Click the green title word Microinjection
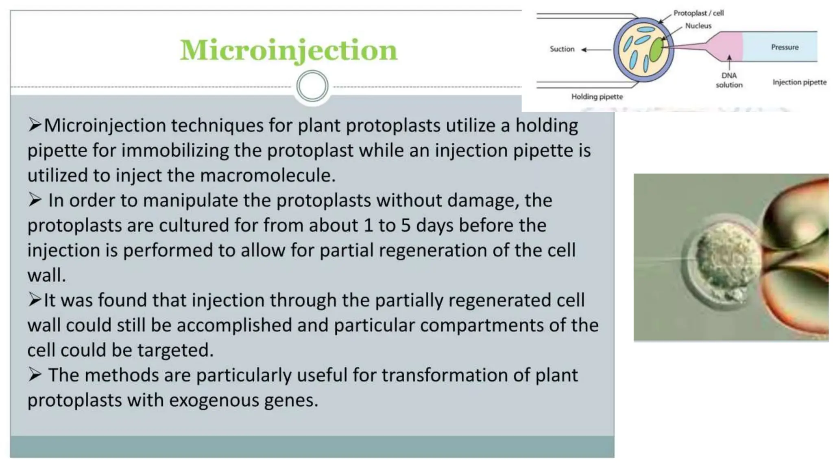click(x=288, y=50)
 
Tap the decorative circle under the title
click(x=312, y=86)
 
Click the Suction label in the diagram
click(x=562, y=49)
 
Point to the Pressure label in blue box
click(x=784, y=47)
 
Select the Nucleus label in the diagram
click(x=698, y=26)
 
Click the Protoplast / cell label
click(x=698, y=13)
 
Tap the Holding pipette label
click(x=597, y=97)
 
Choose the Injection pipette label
click(x=799, y=82)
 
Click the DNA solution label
click(x=729, y=80)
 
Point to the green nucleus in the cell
click(x=656, y=50)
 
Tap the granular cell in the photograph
click(x=726, y=260)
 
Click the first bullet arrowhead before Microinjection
click(x=35, y=125)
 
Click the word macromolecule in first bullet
click(x=267, y=175)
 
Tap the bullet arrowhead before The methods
click(x=35, y=375)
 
